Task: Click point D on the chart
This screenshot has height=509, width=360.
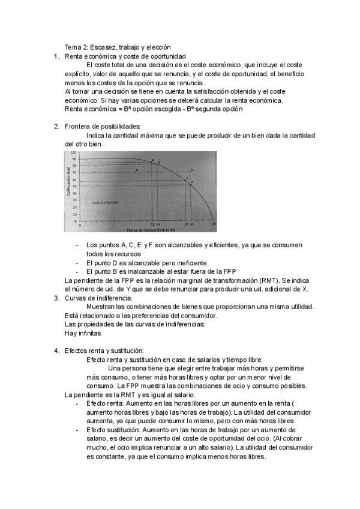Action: (x=137, y=170)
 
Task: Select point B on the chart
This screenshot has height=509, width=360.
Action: (x=191, y=171)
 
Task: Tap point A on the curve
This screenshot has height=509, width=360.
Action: (x=152, y=161)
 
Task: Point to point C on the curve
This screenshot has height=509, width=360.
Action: (x=187, y=178)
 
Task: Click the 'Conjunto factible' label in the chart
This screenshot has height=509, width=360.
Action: (x=104, y=202)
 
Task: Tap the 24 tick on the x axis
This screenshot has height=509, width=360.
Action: (x=214, y=225)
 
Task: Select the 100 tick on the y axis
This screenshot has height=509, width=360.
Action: (x=74, y=152)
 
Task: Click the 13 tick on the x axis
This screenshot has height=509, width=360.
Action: (x=152, y=225)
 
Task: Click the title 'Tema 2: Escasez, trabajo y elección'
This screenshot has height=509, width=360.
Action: (x=118, y=47)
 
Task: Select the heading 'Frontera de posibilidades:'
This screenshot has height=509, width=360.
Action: (x=102, y=127)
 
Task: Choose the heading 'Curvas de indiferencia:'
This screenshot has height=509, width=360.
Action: (x=98, y=298)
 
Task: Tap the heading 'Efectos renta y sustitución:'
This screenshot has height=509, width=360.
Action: (x=104, y=351)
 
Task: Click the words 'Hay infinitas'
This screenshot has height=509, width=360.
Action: (x=83, y=333)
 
